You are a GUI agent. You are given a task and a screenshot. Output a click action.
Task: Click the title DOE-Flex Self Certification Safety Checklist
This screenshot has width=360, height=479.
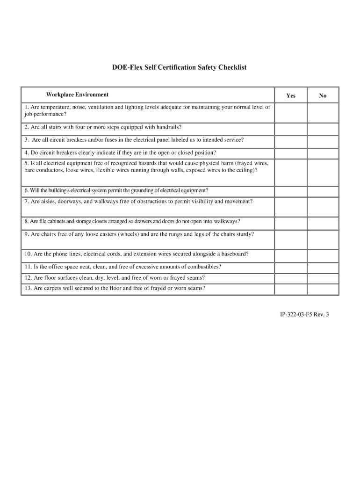(179, 67)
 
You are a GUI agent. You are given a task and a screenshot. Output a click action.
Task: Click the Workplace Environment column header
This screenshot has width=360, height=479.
(77, 94)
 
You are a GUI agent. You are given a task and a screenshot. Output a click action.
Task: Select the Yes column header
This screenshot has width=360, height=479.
(291, 95)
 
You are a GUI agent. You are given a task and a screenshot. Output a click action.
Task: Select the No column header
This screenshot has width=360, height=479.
(323, 95)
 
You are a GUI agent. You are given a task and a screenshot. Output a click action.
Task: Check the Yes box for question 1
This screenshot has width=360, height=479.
(291, 113)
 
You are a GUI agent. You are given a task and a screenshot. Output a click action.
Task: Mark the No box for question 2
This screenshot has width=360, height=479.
(323, 129)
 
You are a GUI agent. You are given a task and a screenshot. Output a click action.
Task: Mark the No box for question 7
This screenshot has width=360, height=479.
(323, 206)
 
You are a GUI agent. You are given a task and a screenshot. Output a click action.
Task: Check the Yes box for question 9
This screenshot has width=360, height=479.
(291, 239)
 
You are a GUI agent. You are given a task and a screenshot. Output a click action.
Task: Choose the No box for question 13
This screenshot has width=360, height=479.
(323, 290)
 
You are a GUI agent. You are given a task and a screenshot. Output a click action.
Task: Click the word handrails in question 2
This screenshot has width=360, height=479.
(167, 127)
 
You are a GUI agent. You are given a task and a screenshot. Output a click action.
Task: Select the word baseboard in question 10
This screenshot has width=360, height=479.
(233, 254)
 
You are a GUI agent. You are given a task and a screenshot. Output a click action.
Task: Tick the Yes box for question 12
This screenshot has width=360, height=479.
(291, 278)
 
